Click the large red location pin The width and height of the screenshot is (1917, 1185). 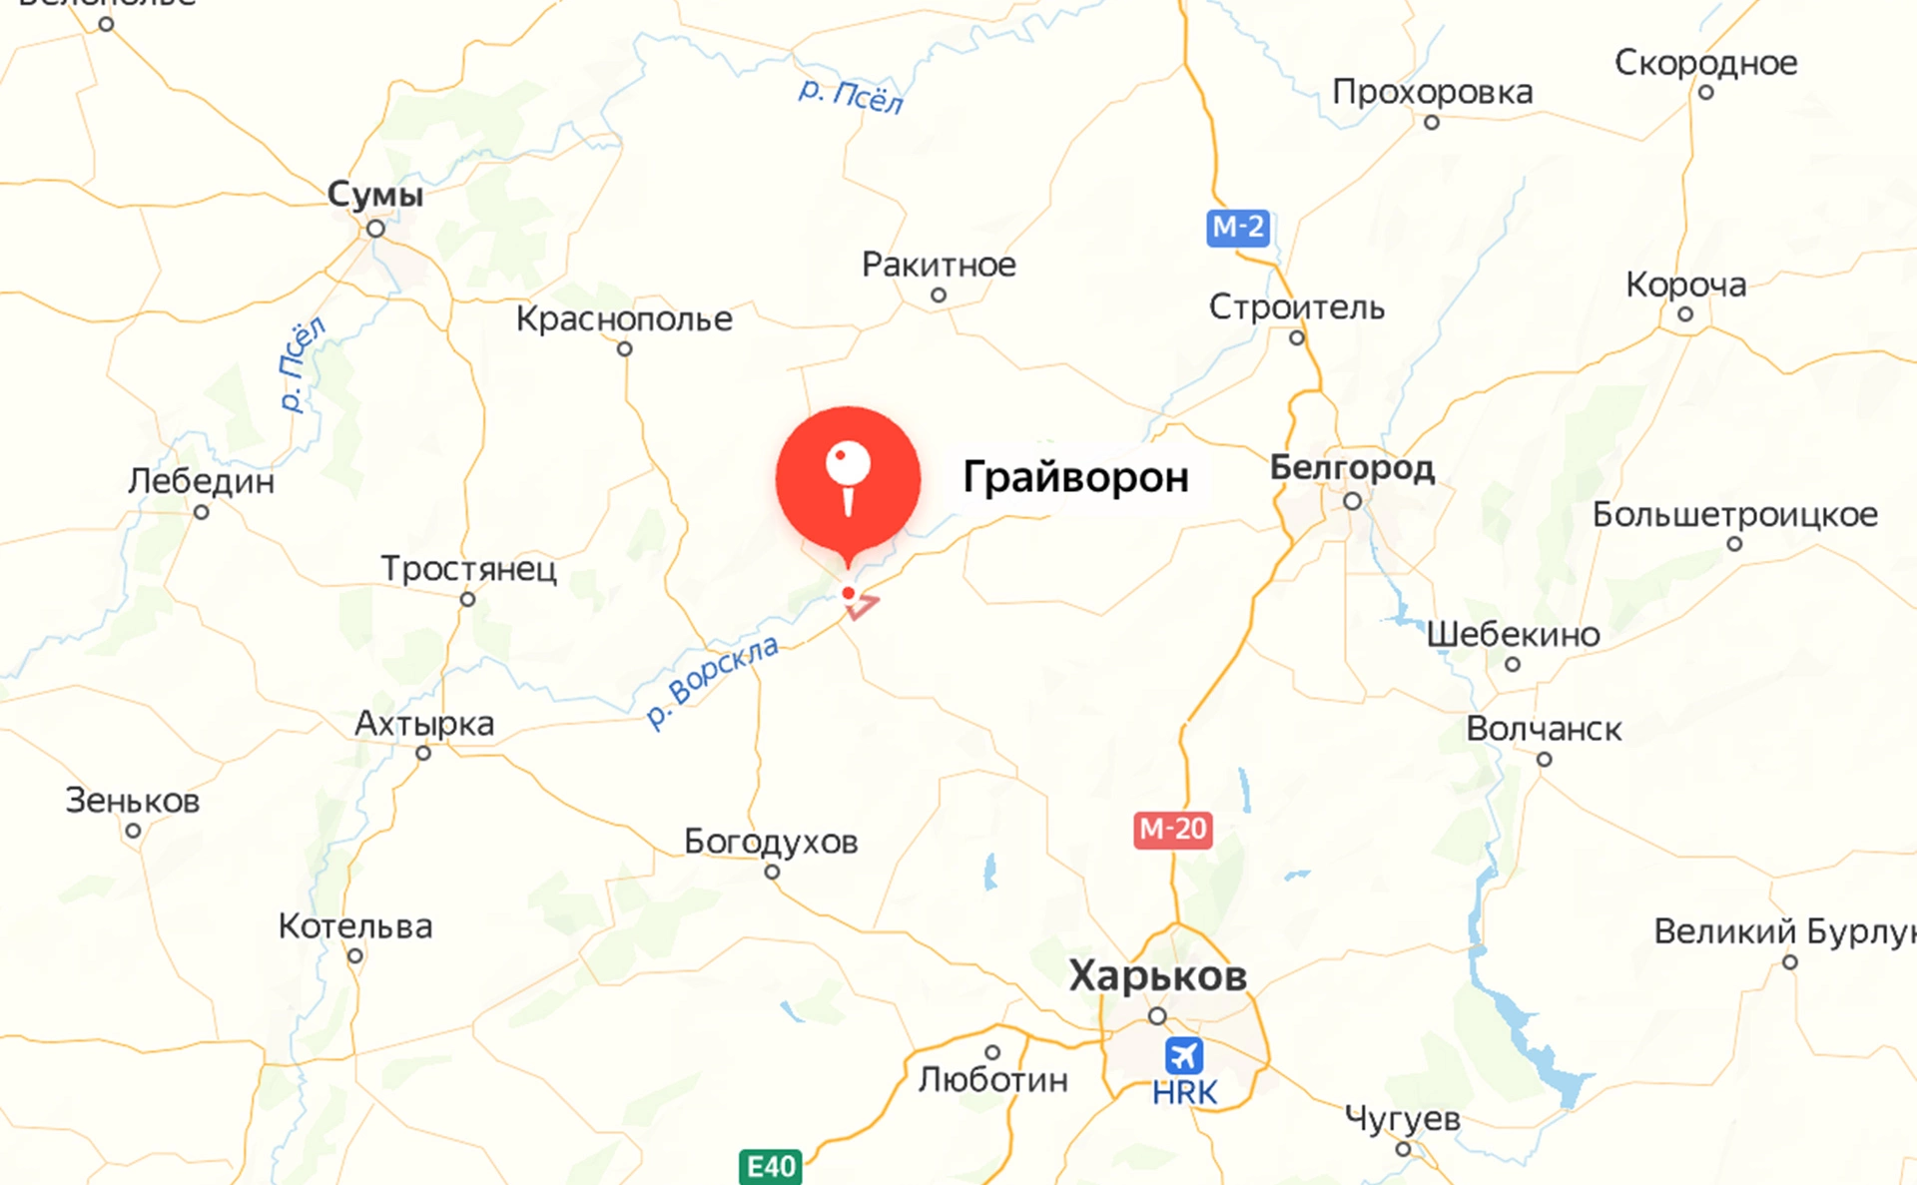848,478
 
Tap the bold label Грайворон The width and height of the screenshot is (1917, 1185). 1075,477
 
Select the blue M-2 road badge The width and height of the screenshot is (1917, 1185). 1237,228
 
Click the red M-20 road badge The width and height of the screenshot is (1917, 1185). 1173,829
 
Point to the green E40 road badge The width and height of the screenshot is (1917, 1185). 771,1166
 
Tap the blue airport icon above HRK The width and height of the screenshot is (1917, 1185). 1183,1055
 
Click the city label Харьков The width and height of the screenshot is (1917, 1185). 1158,975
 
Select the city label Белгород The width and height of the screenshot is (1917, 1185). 1352,467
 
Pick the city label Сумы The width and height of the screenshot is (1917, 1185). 375,194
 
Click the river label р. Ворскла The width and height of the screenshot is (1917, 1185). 712,681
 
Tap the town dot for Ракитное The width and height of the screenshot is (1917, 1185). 939,296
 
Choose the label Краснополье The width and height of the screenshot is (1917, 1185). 624,318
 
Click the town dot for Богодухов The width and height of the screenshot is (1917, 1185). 772,873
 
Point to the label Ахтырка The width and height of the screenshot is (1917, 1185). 424,723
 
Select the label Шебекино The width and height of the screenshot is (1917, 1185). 1513,634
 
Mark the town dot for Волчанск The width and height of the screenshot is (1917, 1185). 1545,760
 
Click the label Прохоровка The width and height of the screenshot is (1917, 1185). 1432,92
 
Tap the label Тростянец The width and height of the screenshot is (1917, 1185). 468,569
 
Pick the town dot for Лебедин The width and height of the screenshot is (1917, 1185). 202,512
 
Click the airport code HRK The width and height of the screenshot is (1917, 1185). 1184,1093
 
